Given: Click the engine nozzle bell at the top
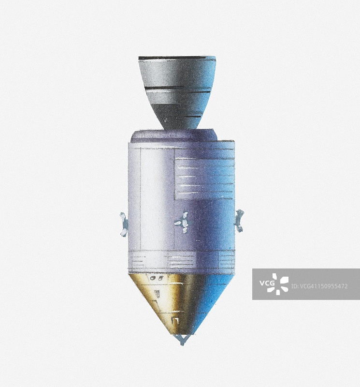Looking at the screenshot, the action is tap(177, 92).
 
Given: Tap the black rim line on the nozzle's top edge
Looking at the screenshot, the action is tap(173, 58).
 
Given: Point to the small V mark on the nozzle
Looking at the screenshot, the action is tap(165, 120).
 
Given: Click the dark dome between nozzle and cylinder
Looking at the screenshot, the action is tap(174, 136).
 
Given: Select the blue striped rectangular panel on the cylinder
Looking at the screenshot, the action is tap(204, 179).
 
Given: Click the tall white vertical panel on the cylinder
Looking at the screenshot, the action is tap(157, 199).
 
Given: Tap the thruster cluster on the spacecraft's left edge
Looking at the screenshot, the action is tap(124, 224).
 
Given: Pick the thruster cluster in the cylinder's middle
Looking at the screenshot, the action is tap(183, 223).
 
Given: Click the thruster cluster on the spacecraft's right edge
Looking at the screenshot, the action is tap(239, 221).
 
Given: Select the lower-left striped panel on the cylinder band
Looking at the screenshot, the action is tap(138, 261).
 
